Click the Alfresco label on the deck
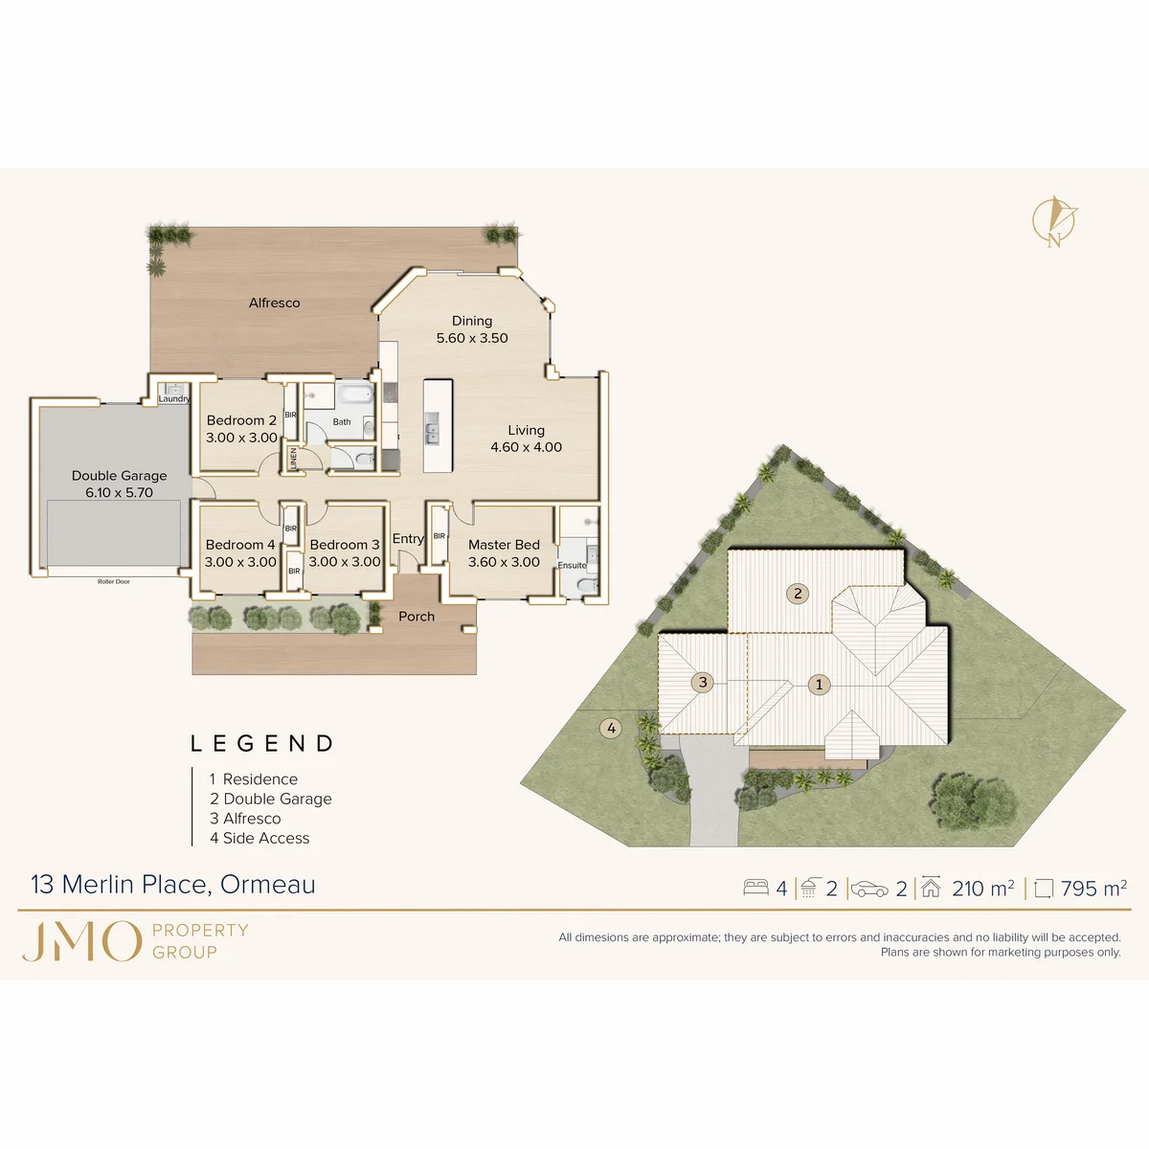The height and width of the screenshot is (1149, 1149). tap(274, 303)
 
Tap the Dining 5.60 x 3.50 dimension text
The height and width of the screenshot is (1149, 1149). tap(472, 338)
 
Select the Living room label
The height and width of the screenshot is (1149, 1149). tap(526, 430)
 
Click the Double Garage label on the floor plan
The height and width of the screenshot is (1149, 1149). tap(120, 476)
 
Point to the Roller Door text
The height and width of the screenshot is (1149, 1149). tap(113, 581)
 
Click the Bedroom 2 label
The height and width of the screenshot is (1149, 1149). tap(241, 420)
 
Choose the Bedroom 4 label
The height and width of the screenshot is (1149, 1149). tap(240, 545)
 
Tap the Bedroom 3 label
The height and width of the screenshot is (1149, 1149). tap(345, 545)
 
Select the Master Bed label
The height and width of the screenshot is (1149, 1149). tap(504, 545)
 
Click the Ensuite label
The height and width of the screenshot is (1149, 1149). tap(572, 565)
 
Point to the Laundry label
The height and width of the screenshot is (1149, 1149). tap(174, 399)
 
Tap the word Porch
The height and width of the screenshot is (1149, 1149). tap(417, 617)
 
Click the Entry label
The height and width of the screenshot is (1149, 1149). tap(408, 539)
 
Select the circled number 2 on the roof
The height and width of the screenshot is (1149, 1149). tap(798, 594)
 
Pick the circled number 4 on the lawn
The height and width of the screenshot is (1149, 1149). tap(611, 728)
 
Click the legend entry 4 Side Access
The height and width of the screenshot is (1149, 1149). tap(259, 839)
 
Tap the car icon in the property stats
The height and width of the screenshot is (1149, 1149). tap(869, 889)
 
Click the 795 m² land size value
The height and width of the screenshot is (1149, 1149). tap(1093, 889)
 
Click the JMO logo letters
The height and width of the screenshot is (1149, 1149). tap(81, 941)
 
